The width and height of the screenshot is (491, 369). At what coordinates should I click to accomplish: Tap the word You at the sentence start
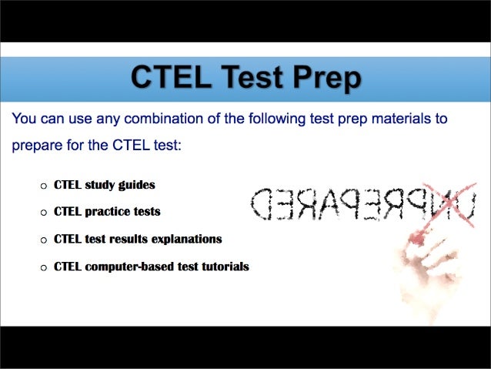coord(24,119)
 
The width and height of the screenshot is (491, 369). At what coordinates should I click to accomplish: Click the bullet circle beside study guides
coord(44,186)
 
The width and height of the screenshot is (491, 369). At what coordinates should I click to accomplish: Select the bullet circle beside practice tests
coord(44,212)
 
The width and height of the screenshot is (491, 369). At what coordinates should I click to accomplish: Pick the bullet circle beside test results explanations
coord(44,240)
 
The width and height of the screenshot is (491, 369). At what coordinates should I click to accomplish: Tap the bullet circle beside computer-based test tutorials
coord(44,267)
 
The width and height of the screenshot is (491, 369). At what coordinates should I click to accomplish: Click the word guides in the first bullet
coord(136,185)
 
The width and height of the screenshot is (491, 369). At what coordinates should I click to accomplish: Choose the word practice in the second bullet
coord(108,211)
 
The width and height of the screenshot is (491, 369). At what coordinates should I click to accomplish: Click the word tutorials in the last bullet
coord(222,267)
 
